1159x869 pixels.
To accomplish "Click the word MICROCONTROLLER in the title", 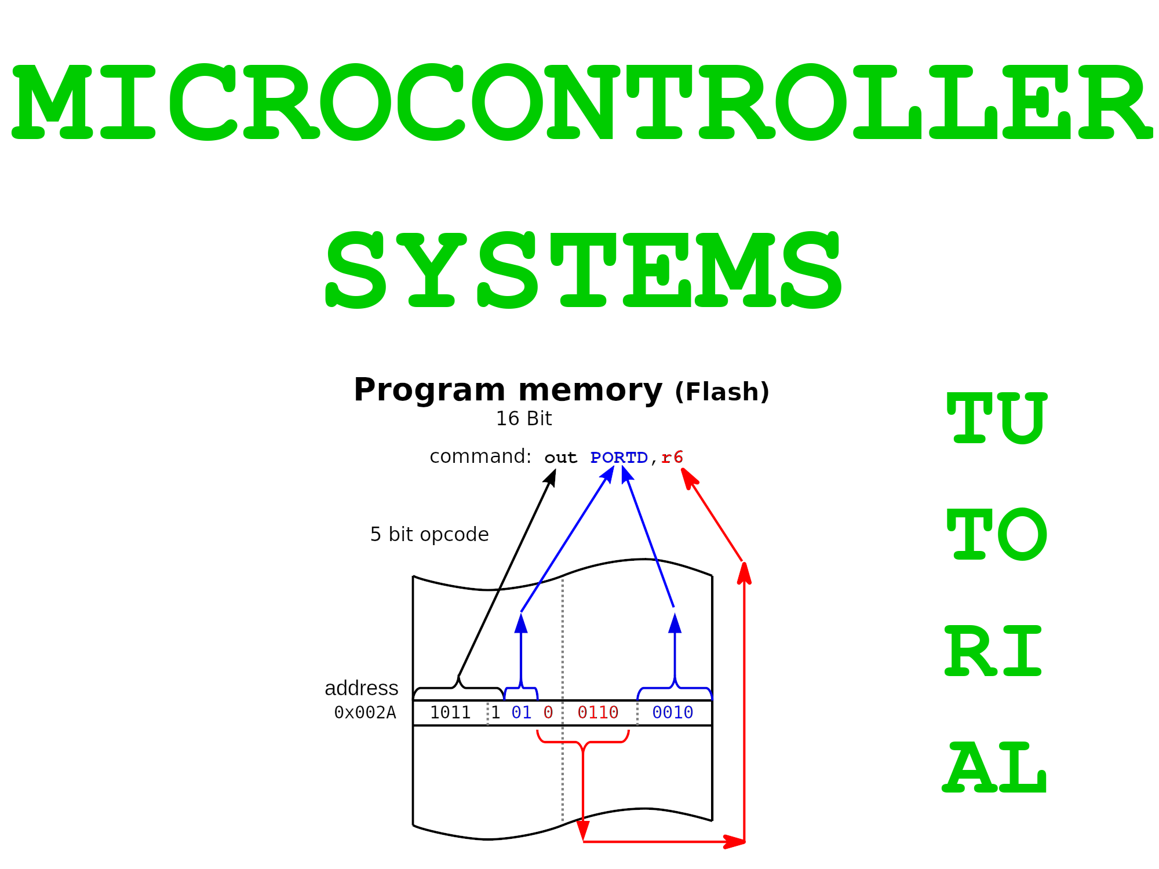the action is pyautogui.click(x=582, y=102).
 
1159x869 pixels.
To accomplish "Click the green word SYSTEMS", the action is pyautogui.click(x=584, y=270).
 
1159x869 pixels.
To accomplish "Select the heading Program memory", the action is pyautogui.click(x=508, y=390).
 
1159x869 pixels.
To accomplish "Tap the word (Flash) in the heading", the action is pyautogui.click(x=722, y=392).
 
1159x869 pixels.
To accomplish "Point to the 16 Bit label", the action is pyautogui.click(x=524, y=419).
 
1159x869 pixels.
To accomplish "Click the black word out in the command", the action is pyautogui.click(x=560, y=458).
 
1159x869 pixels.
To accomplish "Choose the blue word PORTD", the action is pyautogui.click(x=619, y=458).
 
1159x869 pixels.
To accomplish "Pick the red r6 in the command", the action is pyautogui.click(x=672, y=458).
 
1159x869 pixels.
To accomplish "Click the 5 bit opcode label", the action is pyautogui.click(x=429, y=535).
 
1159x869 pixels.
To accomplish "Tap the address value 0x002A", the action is pyautogui.click(x=365, y=713).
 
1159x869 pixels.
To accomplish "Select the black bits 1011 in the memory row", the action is pyautogui.click(x=450, y=713).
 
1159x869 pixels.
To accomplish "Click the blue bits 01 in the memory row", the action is pyautogui.click(x=522, y=713).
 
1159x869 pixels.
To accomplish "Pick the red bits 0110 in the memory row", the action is pyautogui.click(x=598, y=713).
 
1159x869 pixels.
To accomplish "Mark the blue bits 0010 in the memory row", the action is pyautogui.click(x=673, y=713).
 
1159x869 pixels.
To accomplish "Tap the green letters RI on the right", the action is pyautogui.click(x=993, y=651).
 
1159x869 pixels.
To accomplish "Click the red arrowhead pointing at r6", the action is pyautogui.click(x=689, y=477).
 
